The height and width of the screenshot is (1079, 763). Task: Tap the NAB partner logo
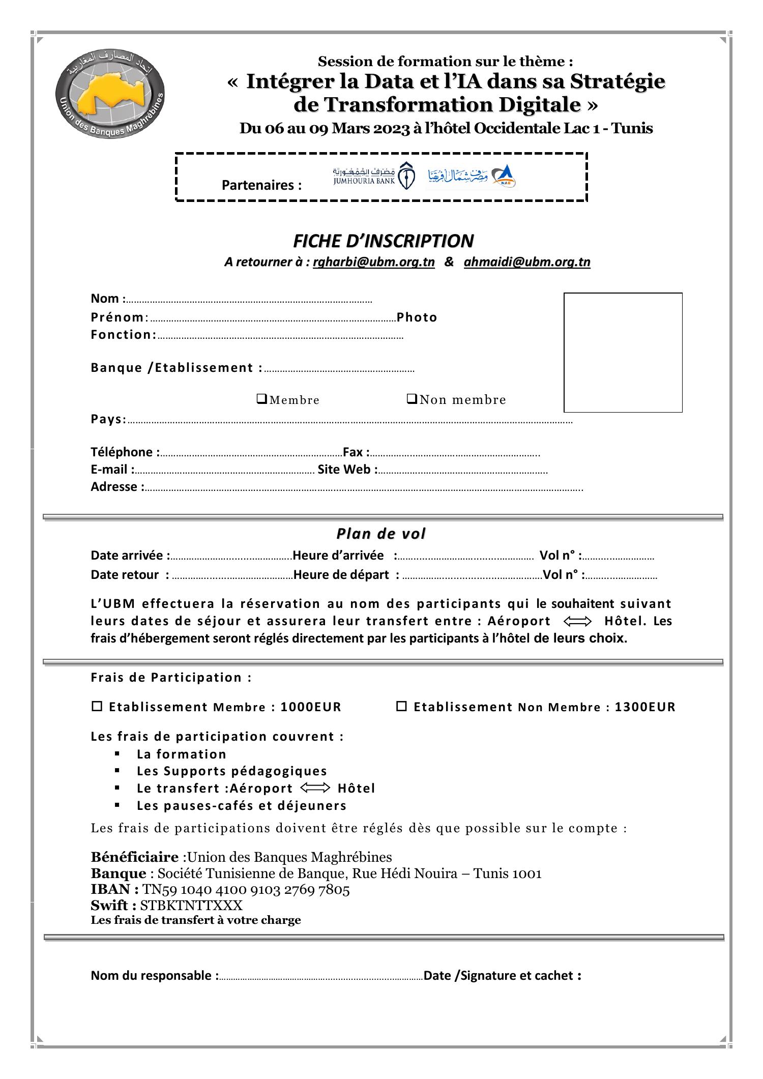[471, 177]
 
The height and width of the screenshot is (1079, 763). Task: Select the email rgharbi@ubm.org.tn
[373, 262]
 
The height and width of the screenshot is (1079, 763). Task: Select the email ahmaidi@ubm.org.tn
[527, 262]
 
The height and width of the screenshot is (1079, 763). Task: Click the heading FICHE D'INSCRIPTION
[383, 240]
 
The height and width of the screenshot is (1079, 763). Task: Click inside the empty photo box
[623, 352]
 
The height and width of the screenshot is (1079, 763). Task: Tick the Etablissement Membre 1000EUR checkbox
[97, 706]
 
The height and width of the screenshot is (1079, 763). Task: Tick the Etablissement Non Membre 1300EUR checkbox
[401, 706]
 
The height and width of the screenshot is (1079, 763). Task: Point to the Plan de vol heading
[381, 534]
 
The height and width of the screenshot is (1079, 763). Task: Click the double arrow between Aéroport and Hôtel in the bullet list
[315, 788]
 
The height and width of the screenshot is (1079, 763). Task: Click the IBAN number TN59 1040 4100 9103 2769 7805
[246, 890]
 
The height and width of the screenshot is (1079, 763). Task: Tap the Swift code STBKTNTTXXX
[191, 906]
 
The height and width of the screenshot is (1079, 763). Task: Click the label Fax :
[356, 452]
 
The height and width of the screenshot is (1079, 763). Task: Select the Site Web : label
[347, 469]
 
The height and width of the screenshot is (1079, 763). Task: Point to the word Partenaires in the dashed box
[261, 185]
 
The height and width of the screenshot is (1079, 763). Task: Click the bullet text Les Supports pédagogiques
[231, 771]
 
